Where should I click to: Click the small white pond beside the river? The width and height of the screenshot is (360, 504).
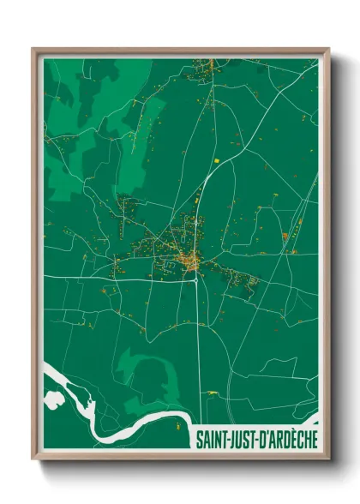click(55, 399)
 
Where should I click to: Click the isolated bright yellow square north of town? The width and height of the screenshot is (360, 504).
click(217, 159)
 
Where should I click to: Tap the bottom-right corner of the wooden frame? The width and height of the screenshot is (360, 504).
click(328, 459)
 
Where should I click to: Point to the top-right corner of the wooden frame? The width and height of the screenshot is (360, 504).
click(328, 49)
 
